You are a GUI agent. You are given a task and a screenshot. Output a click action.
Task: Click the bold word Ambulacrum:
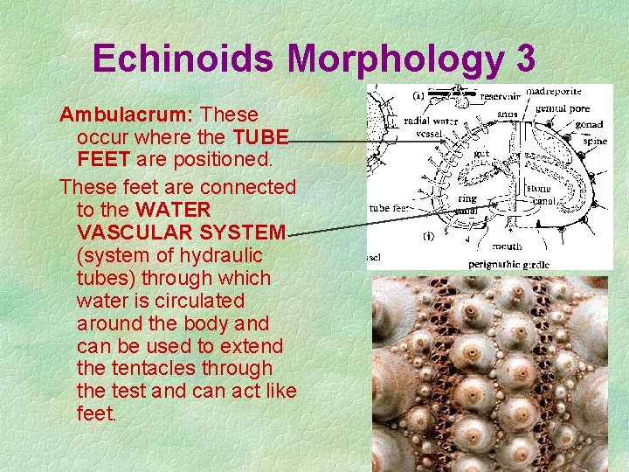(128, 115)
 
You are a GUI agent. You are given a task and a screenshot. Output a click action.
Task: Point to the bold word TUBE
(260, 137)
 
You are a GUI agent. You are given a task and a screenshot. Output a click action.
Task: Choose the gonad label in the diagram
(590, 123)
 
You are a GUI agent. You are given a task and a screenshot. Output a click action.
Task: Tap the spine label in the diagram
(594, 140)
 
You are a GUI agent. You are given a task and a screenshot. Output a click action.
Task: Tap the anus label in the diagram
(506, 113)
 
